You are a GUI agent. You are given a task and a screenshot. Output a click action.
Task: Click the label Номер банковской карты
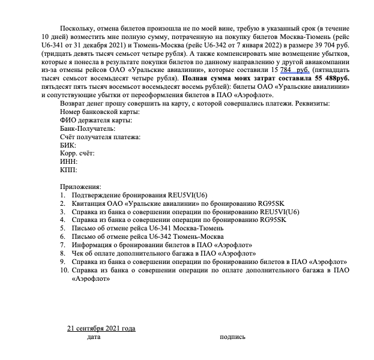click(95, 112)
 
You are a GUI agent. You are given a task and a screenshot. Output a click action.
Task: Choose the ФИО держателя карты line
click(96, 120)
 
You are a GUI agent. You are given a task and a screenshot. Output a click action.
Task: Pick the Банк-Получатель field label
click(88, 128)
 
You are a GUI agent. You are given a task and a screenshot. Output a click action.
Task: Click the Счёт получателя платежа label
click(100, 137)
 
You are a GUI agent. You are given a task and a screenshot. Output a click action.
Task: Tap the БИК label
click(68, 145)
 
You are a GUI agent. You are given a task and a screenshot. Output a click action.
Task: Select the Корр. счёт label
click(77, 154)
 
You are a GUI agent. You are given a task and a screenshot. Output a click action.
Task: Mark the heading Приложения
click(81, 187)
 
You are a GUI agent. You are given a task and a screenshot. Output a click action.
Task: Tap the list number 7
click(62, 245)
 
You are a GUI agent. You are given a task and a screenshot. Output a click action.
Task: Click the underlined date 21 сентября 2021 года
click(101, 328)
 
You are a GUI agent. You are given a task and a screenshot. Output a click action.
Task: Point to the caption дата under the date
click(94, 337)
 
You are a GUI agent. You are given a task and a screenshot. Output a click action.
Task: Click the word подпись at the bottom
click(233, 337)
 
